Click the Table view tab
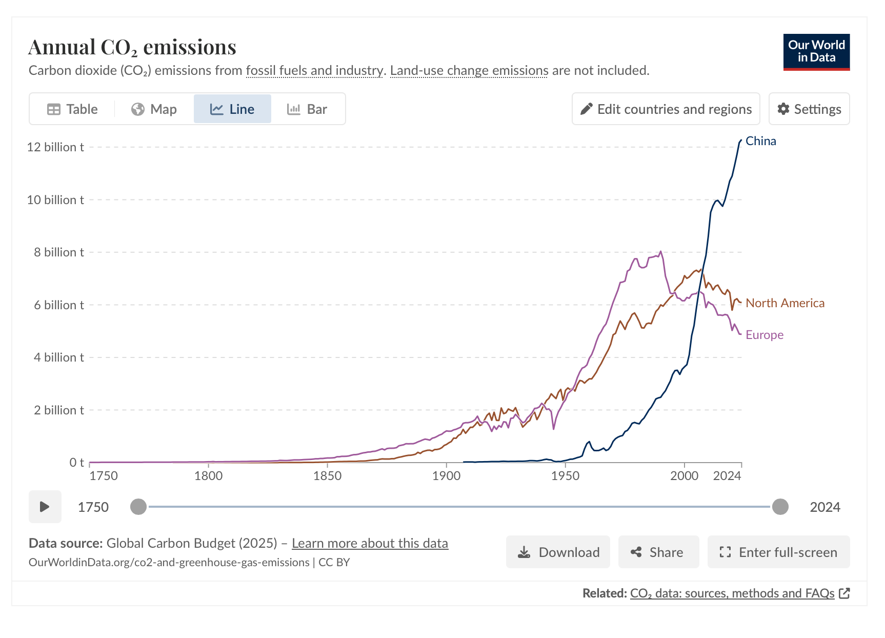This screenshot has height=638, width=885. pos(72,109)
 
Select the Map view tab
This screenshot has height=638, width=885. pos(154,109)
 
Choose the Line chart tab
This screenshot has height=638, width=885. pos(232,109)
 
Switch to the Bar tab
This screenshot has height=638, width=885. pos(307,109)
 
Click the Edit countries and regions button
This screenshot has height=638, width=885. pos(666,109)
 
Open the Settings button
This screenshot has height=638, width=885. pos(809,109)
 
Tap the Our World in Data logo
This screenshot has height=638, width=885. pos(816,52)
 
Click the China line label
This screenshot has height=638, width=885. pos(760,141)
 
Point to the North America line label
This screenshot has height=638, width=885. pos(785,303)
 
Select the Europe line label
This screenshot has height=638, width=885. pos(764,335)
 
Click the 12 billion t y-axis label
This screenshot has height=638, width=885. pos(55,147)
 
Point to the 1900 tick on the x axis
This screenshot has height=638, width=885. pos(446,476)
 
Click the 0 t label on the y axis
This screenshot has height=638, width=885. pos(76,463)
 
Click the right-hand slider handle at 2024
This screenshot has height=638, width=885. pos(780,507)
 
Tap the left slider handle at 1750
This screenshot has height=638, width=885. pos(138,507)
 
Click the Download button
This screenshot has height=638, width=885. pos(558,552)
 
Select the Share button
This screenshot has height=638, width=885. pos(658,552)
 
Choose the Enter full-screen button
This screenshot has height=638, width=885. pos(778,552)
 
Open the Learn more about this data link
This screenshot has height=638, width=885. pos(370,543)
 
